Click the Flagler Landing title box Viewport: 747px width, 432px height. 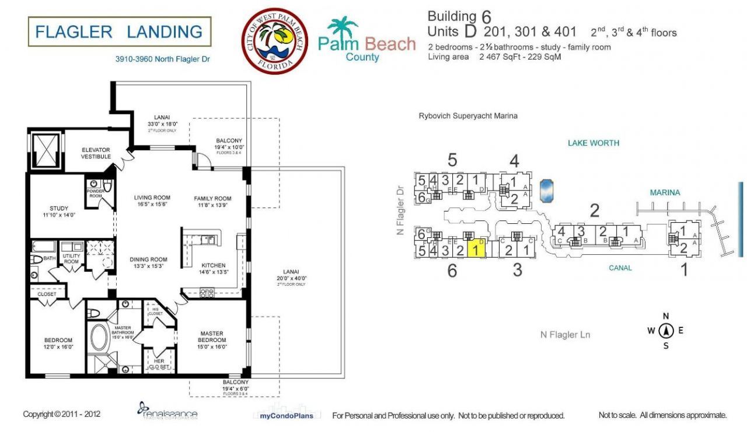119,32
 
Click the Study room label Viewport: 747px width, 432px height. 59,211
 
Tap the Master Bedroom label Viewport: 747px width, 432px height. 211,337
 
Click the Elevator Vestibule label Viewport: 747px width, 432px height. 96,154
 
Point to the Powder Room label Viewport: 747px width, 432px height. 95,193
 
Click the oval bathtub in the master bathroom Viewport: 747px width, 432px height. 99,337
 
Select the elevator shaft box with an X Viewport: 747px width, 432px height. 44,151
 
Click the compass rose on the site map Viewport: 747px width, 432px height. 666,331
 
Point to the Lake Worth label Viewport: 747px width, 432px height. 594,143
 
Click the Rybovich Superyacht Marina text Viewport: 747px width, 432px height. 468,116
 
